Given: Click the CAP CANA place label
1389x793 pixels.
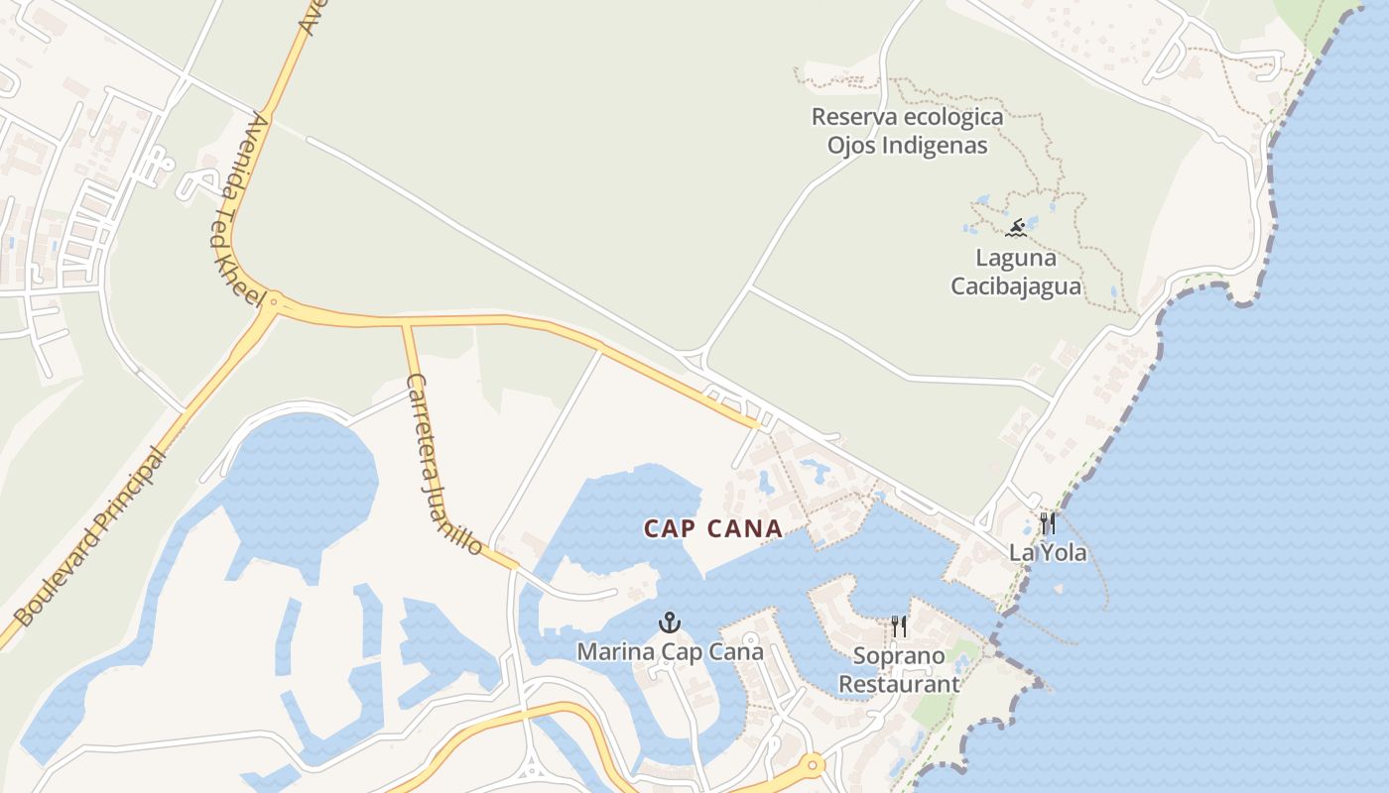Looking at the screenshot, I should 713,529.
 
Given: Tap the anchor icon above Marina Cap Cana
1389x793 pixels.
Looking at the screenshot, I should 671,623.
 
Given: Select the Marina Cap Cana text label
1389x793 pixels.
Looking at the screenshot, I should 671,651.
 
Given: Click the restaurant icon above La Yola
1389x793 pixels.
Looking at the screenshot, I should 1048,523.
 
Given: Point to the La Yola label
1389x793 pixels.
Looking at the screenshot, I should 1048,552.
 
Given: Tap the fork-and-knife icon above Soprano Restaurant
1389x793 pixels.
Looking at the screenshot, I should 899,626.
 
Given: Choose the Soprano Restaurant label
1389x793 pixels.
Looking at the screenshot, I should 899,670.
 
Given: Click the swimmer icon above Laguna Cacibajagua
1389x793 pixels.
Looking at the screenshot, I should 1016,229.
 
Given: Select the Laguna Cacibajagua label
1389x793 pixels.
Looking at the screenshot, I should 1016,273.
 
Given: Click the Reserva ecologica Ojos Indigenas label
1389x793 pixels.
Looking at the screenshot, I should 908,131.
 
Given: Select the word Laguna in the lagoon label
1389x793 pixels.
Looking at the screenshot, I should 1016,258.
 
